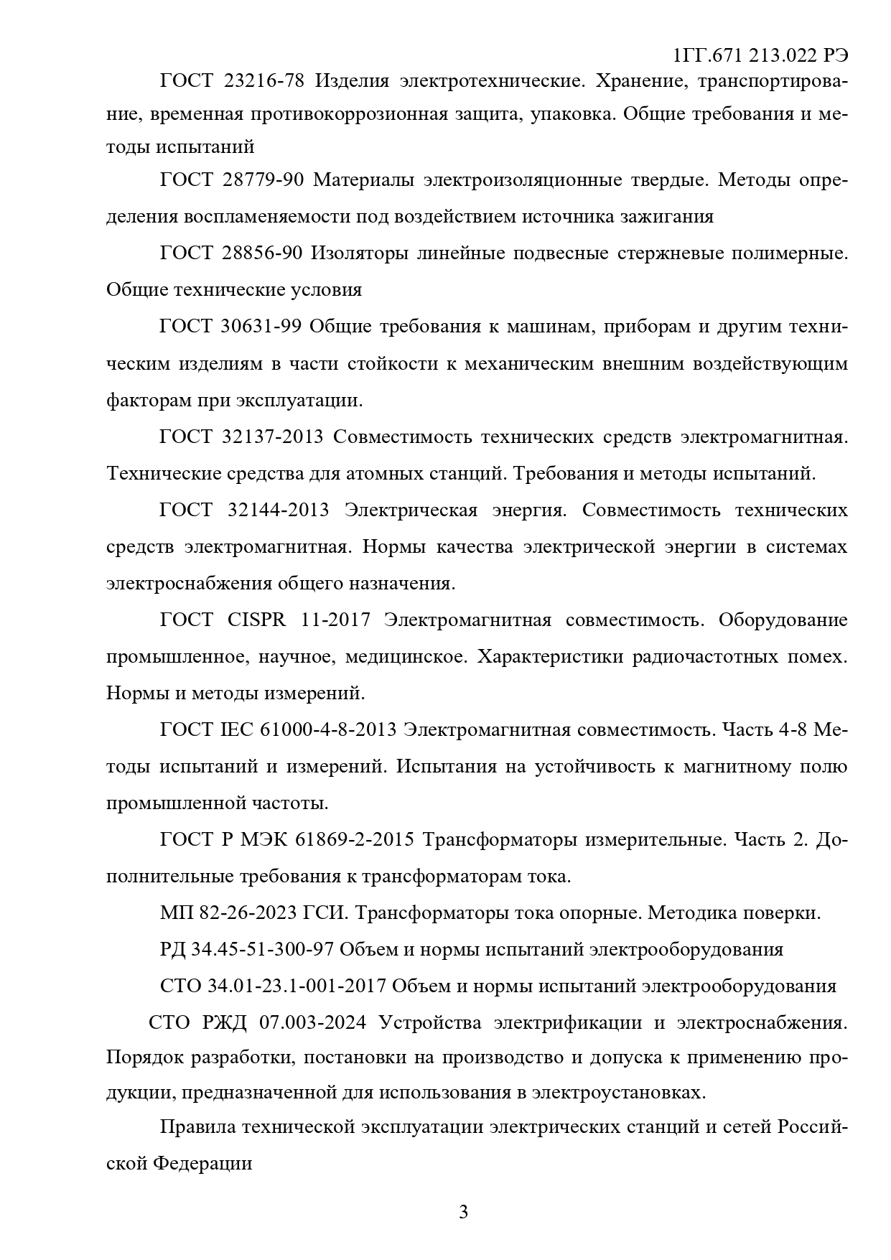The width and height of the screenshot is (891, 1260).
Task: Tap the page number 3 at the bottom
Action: point(463,1213)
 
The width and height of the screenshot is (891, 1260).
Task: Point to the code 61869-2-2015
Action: point(354,839)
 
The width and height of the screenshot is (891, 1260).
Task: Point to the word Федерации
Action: point(203,1164)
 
